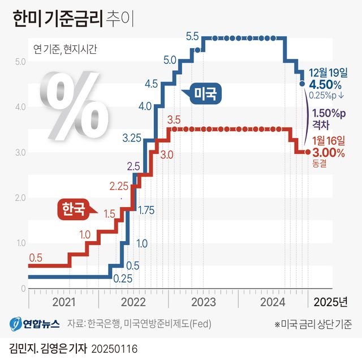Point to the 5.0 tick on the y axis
click(20, 61)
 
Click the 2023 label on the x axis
click(204, 301)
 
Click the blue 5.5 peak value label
click(192, 37)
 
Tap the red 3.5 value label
click(174, 120)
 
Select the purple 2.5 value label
click(133, 166)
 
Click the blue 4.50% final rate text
click(326, 85)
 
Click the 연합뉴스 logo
click(34, 324)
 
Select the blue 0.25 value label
click(122, 278)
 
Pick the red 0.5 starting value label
click(35, 257)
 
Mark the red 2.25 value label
click(119, 186)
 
